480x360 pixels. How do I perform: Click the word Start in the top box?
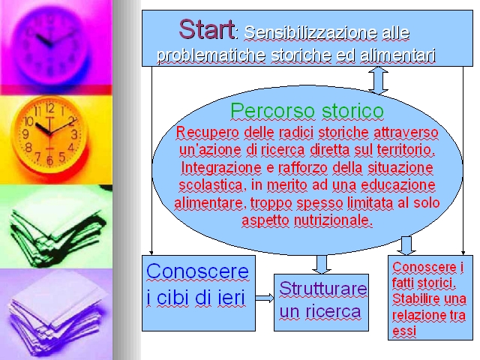click(207, 29)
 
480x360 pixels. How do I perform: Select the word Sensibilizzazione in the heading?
click(310, 33)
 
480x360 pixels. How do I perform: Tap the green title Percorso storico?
click(307, 110)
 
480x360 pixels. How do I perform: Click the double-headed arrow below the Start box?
click(378, 80)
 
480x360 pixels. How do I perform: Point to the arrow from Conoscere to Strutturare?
click(265, 298)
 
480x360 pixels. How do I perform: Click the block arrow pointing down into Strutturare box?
click(322, 264)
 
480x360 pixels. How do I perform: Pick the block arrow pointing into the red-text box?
click(406, 245)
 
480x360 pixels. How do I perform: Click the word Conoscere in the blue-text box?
click(197, 271)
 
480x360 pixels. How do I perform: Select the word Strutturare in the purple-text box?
click(323, 288)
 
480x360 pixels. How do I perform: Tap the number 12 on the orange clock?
click(50, 108)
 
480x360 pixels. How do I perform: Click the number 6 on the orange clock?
click(49, 160)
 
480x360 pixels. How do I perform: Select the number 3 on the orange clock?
click(74, 134)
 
